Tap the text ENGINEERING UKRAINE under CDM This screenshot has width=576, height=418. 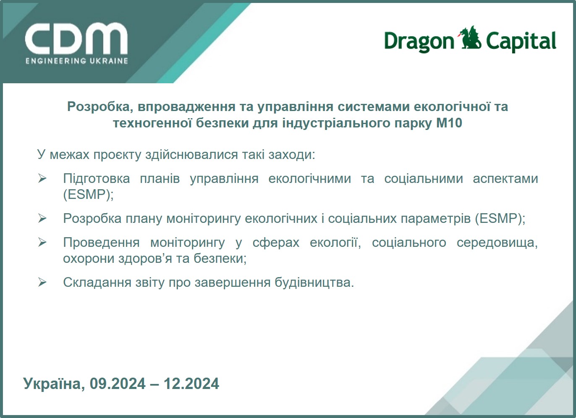77,61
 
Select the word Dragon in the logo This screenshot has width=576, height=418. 419,42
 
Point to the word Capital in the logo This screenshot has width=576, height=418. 521,41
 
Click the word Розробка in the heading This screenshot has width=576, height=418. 98,107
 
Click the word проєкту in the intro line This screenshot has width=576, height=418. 117,155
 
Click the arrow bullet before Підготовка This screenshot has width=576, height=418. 42,178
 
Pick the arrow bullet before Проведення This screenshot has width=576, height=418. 42,242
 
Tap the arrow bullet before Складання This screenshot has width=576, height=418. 42,282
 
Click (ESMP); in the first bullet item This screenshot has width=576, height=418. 88,195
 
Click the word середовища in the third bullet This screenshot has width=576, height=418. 497,243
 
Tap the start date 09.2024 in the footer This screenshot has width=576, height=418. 118,384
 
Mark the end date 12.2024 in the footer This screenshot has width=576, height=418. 191,384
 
